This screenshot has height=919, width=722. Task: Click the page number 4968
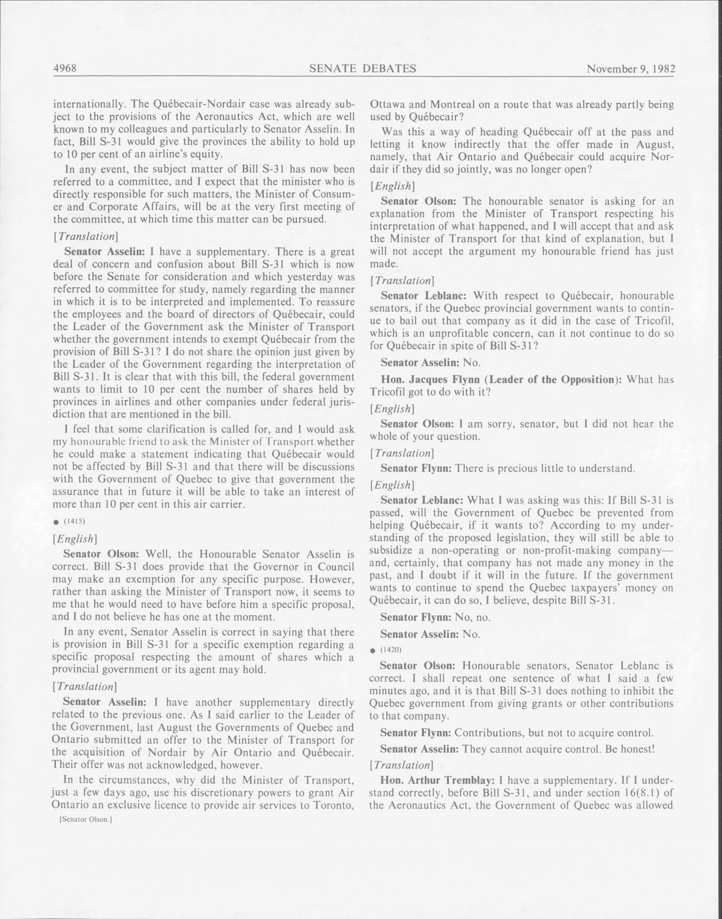pyautogui.click(x=65, y=68)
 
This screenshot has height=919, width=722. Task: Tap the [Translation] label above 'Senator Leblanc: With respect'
pyautogui.click(x=401, y=280)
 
